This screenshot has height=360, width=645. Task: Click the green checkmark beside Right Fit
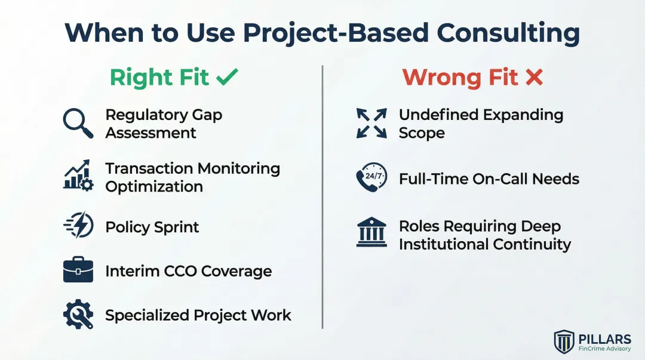pyautogui.click(x=227, y=77)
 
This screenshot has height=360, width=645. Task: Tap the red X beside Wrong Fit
pyautogui.click(x=534, y=77)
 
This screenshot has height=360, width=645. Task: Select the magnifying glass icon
pyautogui.click(x=78, y=124)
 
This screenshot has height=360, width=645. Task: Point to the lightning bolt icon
pyautogui.click(x=78, y=227)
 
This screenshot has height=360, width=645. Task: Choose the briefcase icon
pyautogui.click(x=78, y=270)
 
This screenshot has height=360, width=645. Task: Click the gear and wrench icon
pyautogui.click(x=78, y=315)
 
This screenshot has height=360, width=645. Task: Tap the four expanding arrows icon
pyautogui.click(x=371, y=124)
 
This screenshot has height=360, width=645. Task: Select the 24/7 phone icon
pyautogui.click(x=371, y=178)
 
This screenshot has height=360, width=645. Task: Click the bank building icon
pyautogui.click(x=371, y=232)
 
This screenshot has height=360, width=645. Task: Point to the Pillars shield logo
pyautogui.click(x=564, y=341)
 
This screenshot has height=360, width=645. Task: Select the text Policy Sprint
pyautogui.click(x=152, y=227)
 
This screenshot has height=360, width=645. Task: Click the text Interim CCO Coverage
pyautogui.click(x=188, y=271)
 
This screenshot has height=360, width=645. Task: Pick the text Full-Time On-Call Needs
pyautogui.click(x=489, y=179)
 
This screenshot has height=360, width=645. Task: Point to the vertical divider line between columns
pyautogui.click(x=322, y=197)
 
